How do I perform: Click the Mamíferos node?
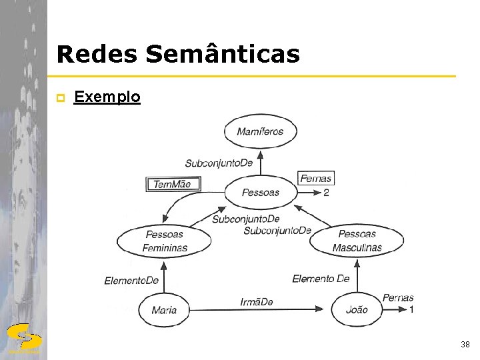[x=260, y=131]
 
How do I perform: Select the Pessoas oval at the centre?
[x=261, y=193]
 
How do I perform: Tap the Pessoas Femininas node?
[x=164, y=241]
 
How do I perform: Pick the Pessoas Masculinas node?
[x=357, y=241]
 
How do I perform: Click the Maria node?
[x=164, y=309]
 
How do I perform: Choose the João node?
[x=357, y=309]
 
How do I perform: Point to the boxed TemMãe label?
[x=173, y=184]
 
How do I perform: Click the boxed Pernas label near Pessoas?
[x=315, y=178]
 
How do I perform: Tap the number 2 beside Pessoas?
[x=326, y=193]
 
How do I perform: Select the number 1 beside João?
[x=411, y=310]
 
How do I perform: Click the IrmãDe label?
[x=257, y=303]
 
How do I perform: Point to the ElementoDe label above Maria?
[x=131, y=281]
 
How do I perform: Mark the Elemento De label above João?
[x=321, y=279]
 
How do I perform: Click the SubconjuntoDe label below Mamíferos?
[x=219, y=163]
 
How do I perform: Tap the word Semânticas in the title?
[x=223, y=55]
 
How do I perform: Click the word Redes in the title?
[x=97, y=55]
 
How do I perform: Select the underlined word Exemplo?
[x=107, y=97]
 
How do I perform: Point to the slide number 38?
[x=465, y=345]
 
